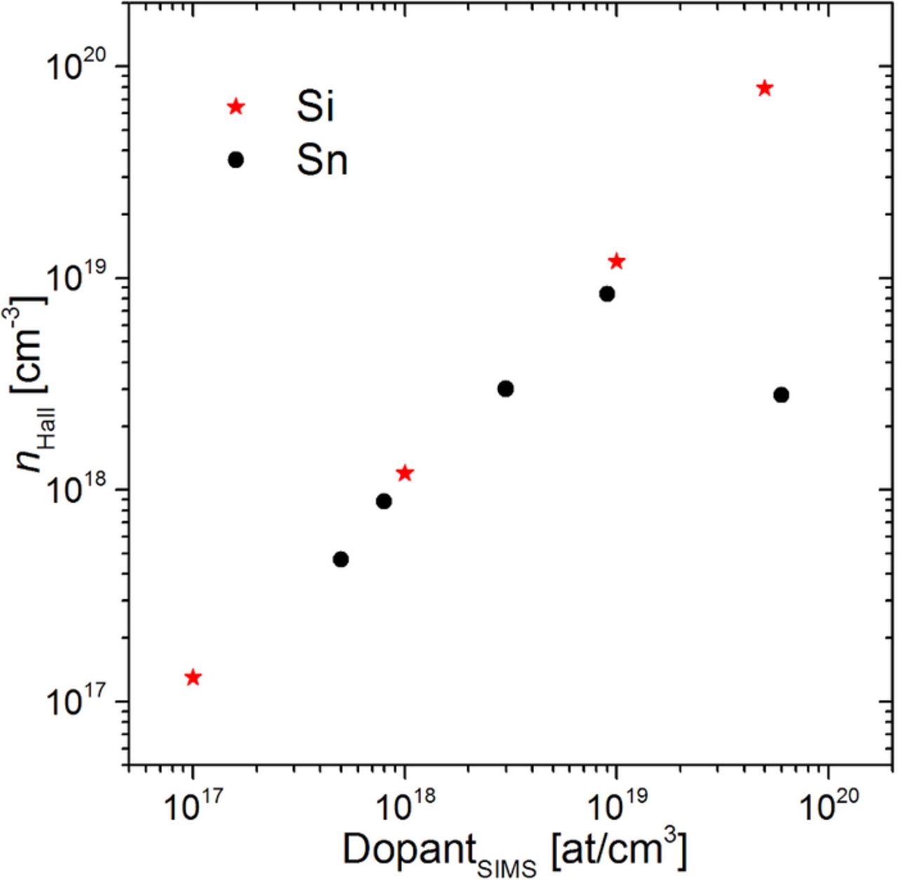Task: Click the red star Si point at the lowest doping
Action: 193,677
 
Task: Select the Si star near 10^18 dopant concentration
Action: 405,473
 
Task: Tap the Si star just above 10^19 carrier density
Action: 617,262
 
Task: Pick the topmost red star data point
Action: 765,88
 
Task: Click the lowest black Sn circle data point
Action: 341,559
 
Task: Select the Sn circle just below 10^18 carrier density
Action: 384,501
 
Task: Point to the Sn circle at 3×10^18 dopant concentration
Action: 505,389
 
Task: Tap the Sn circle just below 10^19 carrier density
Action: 607,294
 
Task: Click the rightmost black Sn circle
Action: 781,395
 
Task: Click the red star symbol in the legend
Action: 236,107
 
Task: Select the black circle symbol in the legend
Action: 236,160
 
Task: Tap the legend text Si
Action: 315,107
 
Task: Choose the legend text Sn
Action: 322,161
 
